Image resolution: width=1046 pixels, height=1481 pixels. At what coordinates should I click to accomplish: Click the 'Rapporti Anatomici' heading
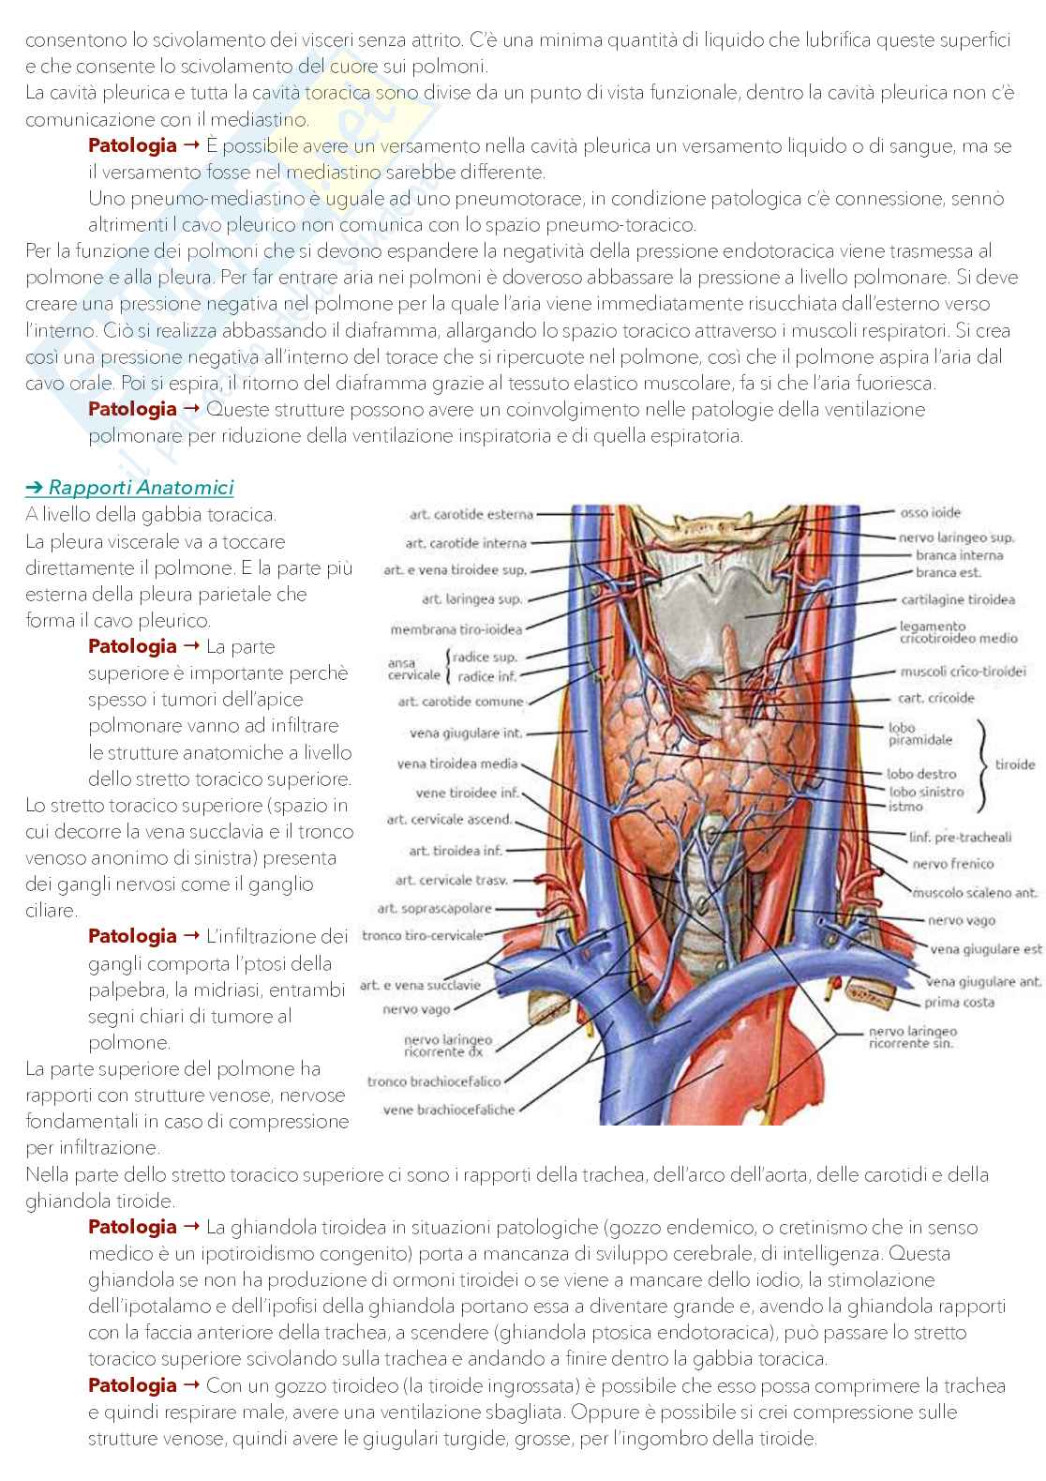pyautogui.click(x=141, y=488)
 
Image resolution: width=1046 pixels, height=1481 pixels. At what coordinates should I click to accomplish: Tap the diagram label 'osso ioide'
pyautogui.click(x=930, y=513)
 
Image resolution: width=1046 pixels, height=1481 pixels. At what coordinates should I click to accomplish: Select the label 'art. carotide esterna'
pyautogui.click(x=471, y=514)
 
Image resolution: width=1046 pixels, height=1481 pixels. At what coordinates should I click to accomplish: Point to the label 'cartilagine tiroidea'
pyautogui.click(x=958, y=599)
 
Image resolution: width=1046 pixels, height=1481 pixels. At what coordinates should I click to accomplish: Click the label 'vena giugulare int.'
pyautogui.click(x=466, y=733)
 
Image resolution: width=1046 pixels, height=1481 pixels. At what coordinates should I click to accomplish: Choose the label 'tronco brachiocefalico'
pyautogui.click(x=434, y=1081)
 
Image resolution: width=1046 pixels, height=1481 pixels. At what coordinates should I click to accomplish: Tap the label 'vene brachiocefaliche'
pyautogui.click(x=449, y=1111)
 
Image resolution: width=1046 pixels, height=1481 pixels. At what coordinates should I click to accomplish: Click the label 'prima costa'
pyautogui.click(x=959, y=1002)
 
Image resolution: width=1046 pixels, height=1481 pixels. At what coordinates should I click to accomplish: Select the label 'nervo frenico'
pyautogui.click(x=952, y=864)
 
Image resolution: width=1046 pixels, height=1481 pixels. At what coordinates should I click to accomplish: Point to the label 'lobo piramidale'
pyautogui.click(x=919, y=733)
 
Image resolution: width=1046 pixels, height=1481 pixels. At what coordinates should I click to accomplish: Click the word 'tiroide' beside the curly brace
pyautogui.click(x=1014, y=764)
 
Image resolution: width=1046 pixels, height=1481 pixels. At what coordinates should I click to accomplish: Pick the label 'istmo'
pyautogui.click(x=905, y=807)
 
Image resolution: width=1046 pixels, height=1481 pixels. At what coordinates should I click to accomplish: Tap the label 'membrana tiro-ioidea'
pyautogui.click(x=456, y=629)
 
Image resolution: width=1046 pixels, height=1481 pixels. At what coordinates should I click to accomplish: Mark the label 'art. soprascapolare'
pyautogui.click(x=434, y=908)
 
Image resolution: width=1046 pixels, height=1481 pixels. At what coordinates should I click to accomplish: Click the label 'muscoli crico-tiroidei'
pyautogui.click(x=963, y=672)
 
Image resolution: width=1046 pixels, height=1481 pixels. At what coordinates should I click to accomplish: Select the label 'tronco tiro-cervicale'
pyautogui.click(x=422, y=935)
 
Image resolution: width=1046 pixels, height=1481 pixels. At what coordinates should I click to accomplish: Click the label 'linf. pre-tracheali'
pyautogui.click(x=960, y=837)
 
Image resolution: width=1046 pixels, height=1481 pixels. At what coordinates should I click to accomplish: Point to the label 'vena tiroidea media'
pyautogui.click(x=456, y=764)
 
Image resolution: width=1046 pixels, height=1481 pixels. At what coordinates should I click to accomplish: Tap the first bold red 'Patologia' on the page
pyautogui.click(x=132, y=145)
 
